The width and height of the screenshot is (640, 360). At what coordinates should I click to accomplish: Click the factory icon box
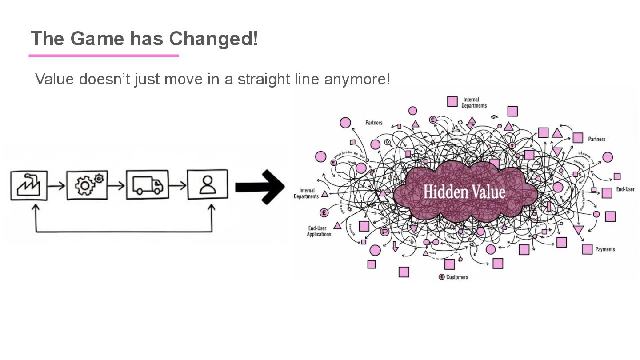29,185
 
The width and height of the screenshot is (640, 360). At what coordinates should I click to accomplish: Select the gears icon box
87,185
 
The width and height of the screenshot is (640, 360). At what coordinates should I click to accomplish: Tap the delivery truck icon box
148,184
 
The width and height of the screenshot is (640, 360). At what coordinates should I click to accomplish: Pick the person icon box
207,184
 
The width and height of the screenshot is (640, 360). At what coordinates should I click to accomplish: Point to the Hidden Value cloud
464,192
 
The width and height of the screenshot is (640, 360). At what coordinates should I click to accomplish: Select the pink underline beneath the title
104,56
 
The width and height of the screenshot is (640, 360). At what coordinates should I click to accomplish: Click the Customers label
457,277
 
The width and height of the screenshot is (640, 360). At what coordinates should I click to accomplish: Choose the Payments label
605,249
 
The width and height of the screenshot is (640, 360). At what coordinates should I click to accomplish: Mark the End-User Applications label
319,231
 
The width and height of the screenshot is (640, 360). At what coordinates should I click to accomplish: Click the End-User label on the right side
625,189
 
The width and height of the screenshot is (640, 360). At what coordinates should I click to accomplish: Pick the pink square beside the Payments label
587,249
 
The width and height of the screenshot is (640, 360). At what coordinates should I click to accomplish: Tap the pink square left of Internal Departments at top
452,101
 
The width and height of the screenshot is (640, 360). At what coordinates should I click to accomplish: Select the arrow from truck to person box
178,185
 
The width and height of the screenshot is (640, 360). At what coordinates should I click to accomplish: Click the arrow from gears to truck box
116,185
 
